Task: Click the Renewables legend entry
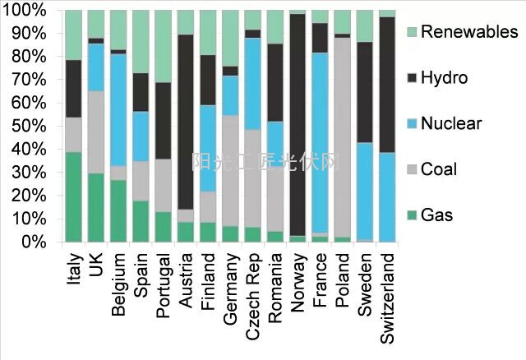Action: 468,32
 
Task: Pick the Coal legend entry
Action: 437,169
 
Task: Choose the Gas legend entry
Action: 436,215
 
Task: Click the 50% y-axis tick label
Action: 34,127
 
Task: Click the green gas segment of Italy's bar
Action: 74,196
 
